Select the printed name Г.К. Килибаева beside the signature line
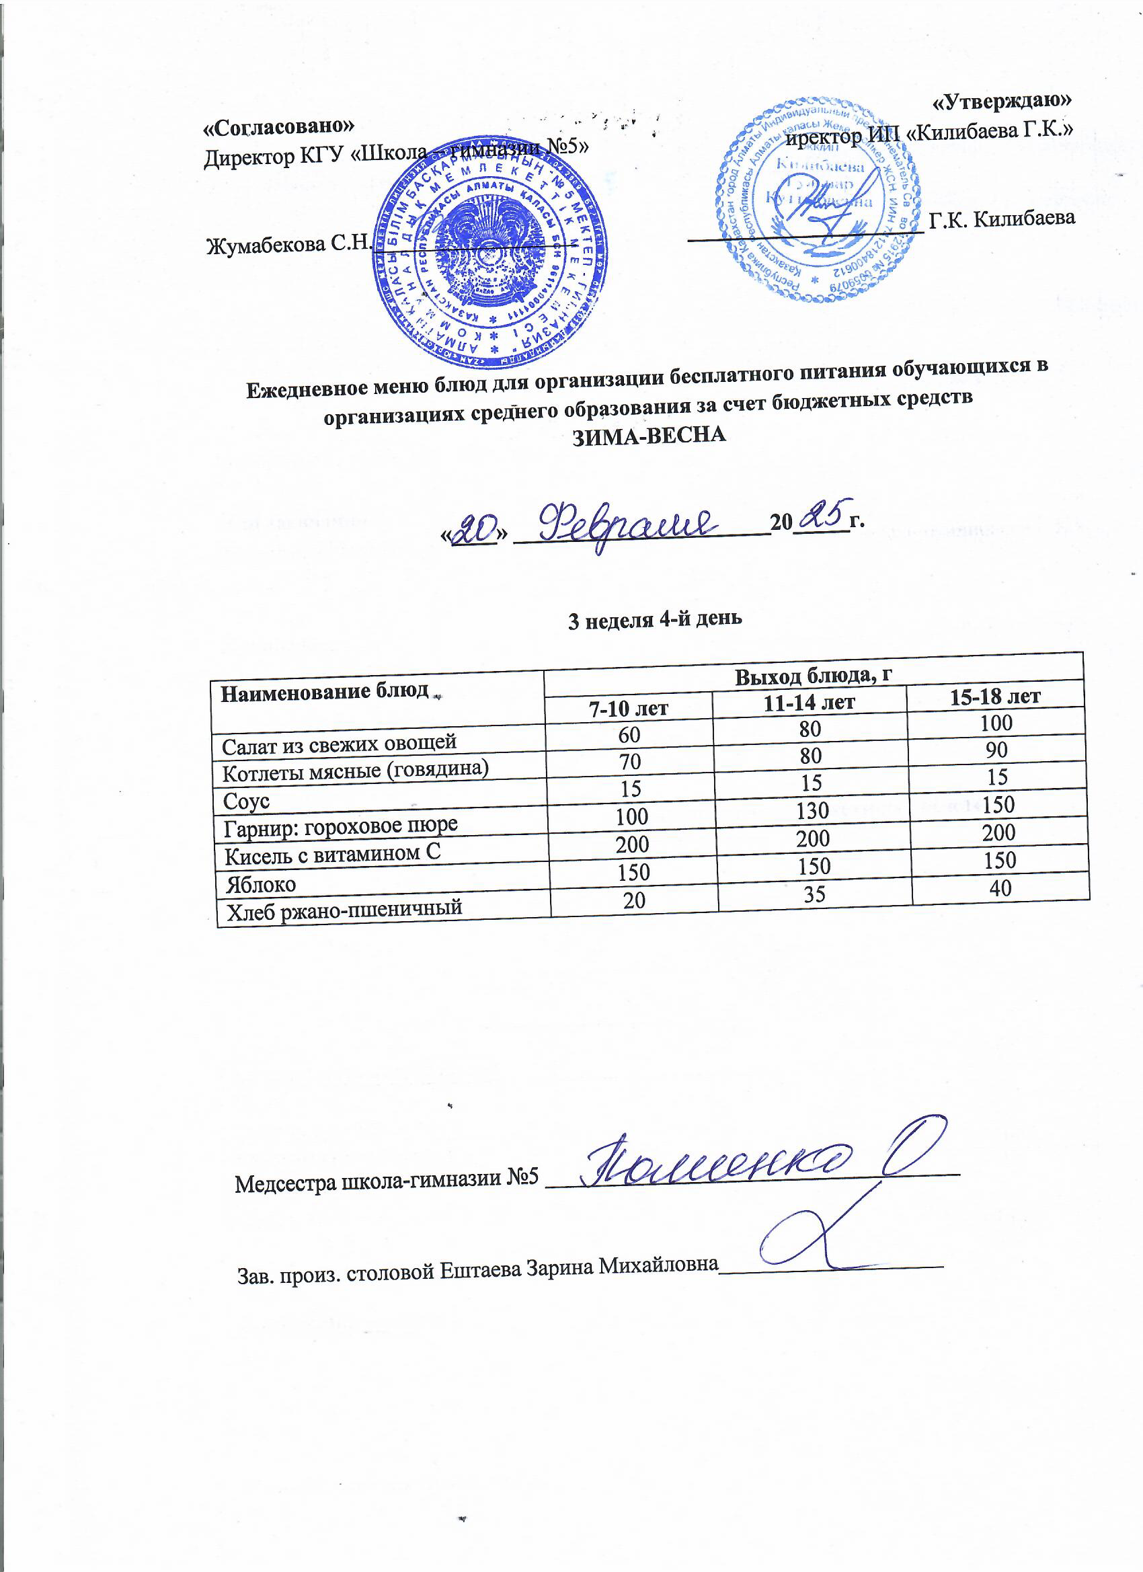1002,219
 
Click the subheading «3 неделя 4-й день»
654,619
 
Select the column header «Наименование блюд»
325,692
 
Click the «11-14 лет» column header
809,703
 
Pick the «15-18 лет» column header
994,696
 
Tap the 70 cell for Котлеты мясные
630,762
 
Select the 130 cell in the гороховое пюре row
812,810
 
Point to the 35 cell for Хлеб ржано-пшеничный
814,894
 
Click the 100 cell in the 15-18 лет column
996,723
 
